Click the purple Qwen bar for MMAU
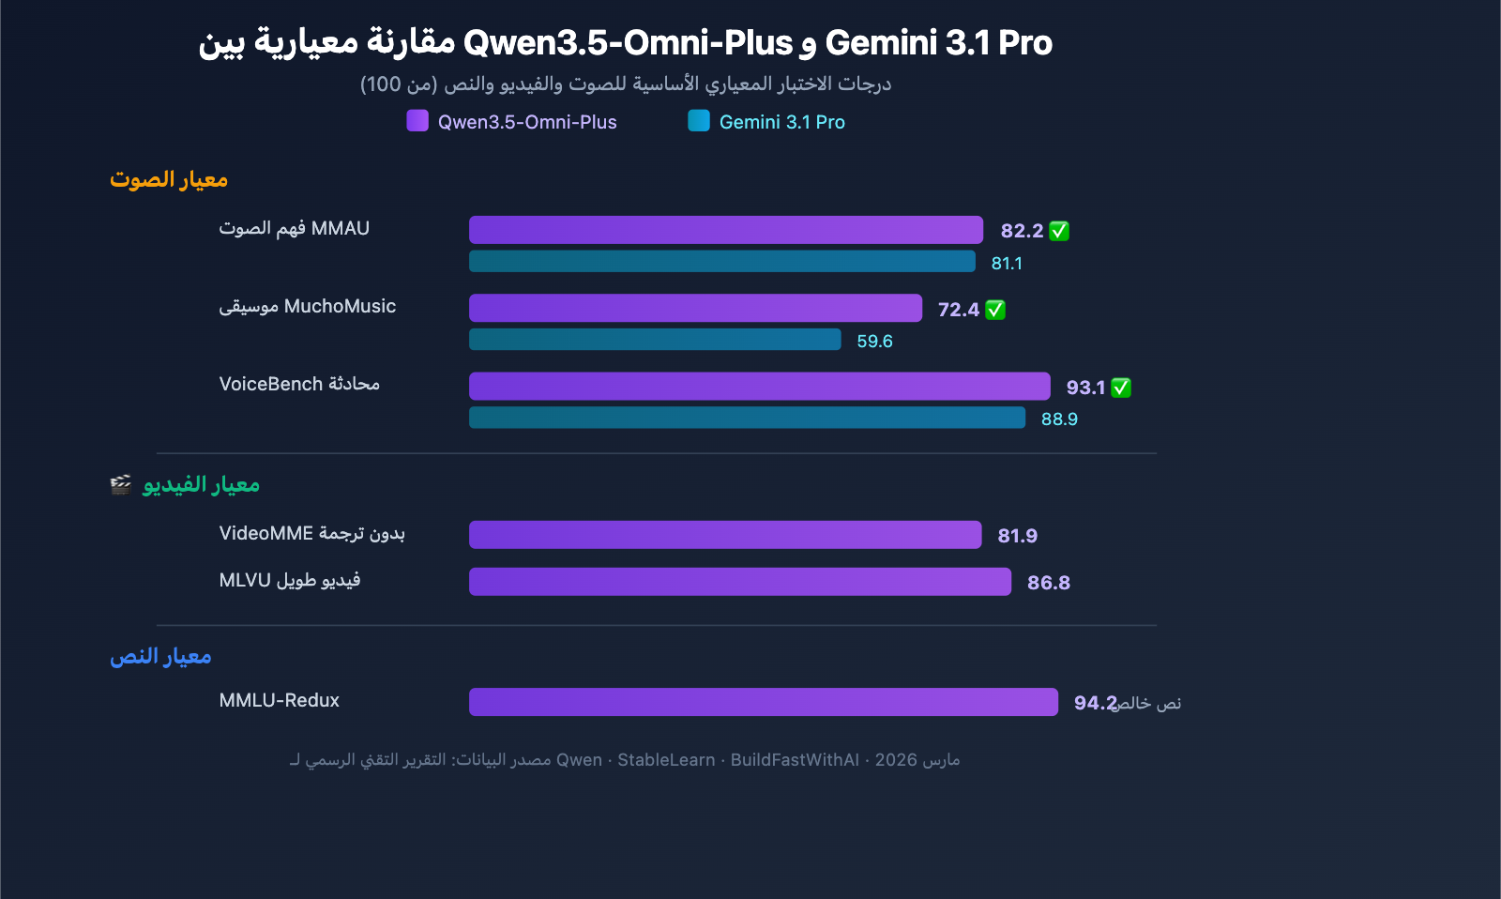point(725,230)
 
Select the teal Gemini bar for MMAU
point(721,262)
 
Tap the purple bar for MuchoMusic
point(695,308)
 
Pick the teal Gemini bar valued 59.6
point(655,340)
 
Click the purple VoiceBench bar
point(759,387)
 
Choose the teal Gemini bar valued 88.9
point(747,418)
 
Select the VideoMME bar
point(724,535)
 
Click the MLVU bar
point(739,582)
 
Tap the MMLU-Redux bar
point(763,702)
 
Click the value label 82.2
point(1022,231)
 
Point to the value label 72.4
point(958,310)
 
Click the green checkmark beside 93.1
point(1121,388)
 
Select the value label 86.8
point(1048,583)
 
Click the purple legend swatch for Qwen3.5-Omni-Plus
point(417,121)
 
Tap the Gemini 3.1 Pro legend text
point(781,122)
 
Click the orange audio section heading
point(169,179)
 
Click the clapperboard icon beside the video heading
point(121,484)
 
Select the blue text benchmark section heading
point(160,656)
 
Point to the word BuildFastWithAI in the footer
point(795,760)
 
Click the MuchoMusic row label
point(307,307)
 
